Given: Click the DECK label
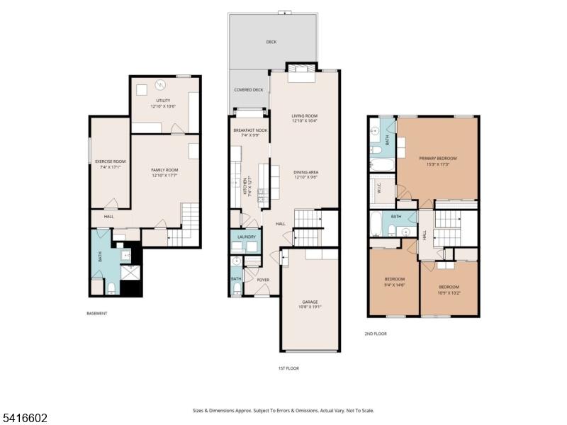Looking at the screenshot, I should coord(271,42).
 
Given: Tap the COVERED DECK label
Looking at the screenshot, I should coord(249,90).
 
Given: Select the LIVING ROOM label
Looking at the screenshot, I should coord(305,116).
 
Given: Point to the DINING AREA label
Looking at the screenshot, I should coord(305,172).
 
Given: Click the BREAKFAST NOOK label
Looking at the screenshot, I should coord(250,130).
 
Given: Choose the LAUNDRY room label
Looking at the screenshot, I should coord(247,237).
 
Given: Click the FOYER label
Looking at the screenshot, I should coord(263,280).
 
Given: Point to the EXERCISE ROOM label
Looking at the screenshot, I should coord(110,161).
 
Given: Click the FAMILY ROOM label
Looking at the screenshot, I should coord(164,170).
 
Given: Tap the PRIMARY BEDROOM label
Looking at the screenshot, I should coord(437,159).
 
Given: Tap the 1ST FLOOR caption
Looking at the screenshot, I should coord(288,368).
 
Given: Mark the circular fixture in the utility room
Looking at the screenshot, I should coord(161,86).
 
